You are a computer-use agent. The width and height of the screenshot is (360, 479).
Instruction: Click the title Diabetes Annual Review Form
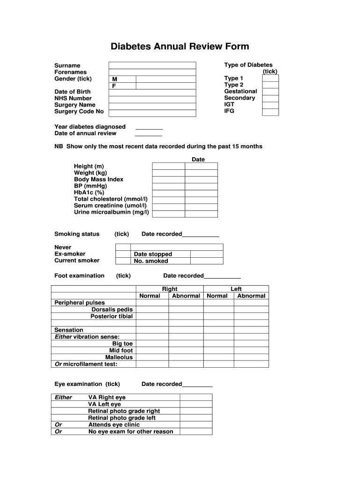click(x=180, y=46)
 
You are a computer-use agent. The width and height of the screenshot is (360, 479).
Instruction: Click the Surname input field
click(x=152, y=65)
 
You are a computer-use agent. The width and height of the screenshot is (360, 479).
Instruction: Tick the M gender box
click(x=122, y=80)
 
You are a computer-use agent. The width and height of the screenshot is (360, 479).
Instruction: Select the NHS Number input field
click(x=152, y=99)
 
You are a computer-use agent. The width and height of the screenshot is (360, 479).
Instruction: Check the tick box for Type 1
click(x=270, y=79)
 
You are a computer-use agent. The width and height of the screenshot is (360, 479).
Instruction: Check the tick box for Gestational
click(x=270, y=92)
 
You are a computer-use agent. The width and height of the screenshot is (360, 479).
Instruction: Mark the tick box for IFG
click(x=270, y=112)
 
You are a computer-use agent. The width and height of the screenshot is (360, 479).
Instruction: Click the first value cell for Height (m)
click(x=168, y=166)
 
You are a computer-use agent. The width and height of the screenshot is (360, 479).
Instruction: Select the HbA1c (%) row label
click(x=89, y=192)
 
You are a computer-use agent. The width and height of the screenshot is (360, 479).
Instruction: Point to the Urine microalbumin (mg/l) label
click(x=111, y=212)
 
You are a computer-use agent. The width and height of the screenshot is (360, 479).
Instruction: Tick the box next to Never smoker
click(x=123, y=247)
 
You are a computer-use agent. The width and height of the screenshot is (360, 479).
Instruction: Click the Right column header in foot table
click(x=170, y=289)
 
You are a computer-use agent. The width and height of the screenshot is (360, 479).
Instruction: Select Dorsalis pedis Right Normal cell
click(x=152, y=309)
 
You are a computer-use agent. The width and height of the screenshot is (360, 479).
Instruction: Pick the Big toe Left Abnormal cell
click(x=252, y=344)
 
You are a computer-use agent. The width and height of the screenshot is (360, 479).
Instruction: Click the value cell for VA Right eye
click(x=196, y=398)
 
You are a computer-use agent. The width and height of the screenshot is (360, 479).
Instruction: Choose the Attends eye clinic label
click(x=114, y=425)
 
